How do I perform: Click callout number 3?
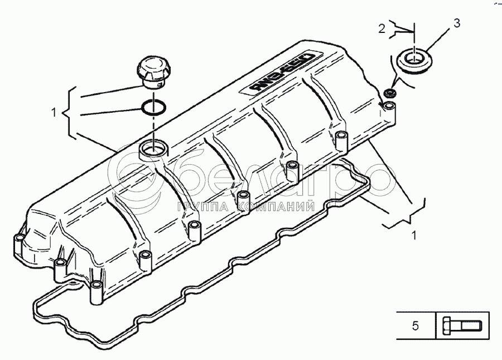pos(457,23)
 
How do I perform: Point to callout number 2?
pos(382,29)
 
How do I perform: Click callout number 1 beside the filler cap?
pos(54,112)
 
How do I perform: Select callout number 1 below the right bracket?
pos(413,235)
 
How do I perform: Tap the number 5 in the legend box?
pos(415,325)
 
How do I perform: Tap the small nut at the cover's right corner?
pos(390,92)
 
